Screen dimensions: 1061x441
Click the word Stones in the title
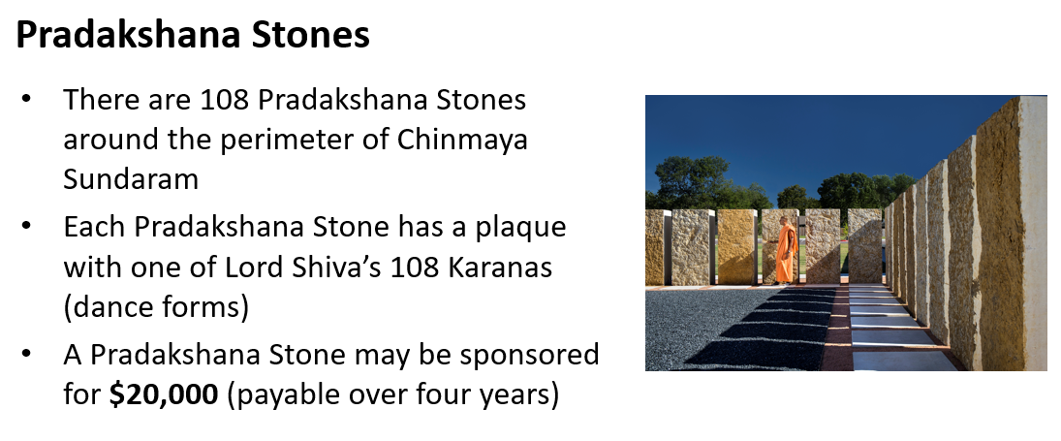311,35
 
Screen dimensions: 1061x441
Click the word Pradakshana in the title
128,35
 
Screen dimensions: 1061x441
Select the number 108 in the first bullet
225,100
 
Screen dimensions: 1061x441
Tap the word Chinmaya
462,140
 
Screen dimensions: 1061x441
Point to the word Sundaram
131,178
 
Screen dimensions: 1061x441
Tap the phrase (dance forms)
156,307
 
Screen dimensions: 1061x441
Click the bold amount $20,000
164,395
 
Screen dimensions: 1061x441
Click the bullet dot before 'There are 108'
26,101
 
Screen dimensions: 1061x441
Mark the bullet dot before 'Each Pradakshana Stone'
26,228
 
